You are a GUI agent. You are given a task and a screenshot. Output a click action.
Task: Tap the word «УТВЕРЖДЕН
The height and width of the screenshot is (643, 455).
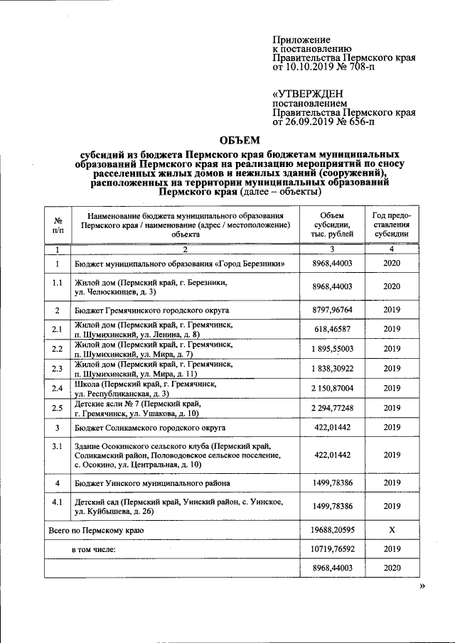309,94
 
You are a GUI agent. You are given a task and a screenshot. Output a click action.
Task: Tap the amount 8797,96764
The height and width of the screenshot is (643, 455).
331,310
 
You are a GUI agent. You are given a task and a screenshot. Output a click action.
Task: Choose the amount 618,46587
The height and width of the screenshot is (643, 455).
331,330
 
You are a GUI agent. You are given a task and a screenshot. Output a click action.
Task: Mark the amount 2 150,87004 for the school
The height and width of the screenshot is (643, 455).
331,388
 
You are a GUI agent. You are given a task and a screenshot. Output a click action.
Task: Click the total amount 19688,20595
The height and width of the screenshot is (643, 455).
331,530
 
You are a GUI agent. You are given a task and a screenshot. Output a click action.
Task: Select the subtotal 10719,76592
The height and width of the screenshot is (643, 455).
331,549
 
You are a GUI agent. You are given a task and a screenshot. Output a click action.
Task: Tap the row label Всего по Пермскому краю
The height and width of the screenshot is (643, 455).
96,531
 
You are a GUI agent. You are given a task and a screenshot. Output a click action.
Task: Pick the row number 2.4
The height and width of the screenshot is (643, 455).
58,388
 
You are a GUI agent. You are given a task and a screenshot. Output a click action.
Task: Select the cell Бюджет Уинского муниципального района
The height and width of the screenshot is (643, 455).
152,483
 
